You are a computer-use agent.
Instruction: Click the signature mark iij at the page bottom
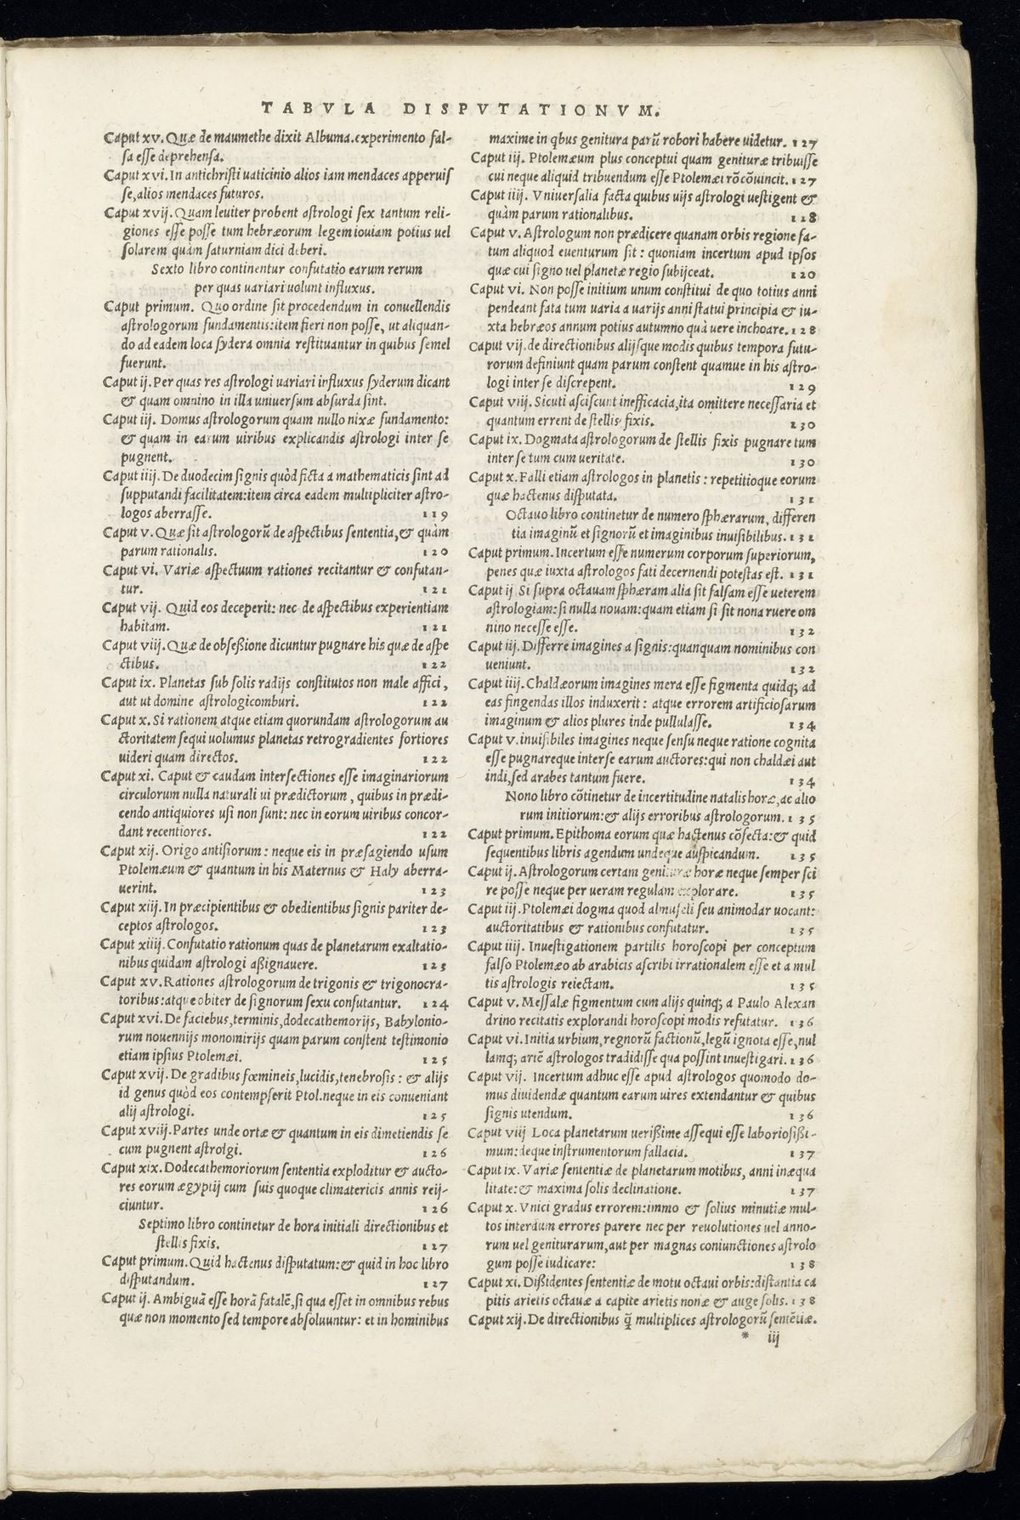773,1337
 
